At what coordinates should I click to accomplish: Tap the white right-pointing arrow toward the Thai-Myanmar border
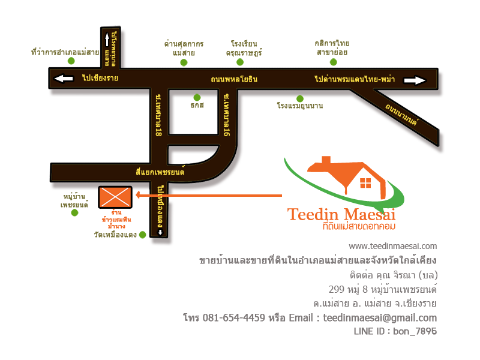(x=415, y=80)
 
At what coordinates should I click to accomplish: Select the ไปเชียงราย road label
(x=100, y=78)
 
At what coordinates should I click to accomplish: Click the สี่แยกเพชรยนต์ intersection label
(x=160, y=172)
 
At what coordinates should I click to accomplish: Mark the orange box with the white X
(x=115, y=197)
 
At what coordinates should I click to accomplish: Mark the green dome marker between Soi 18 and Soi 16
(x=197, y=97)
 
